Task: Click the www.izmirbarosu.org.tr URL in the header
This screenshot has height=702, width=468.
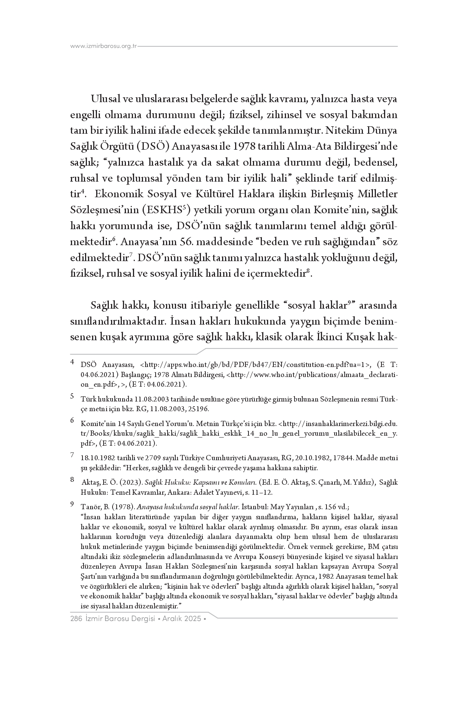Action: pos(104,46)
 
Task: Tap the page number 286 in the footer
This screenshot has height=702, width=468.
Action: pos(76,619)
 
